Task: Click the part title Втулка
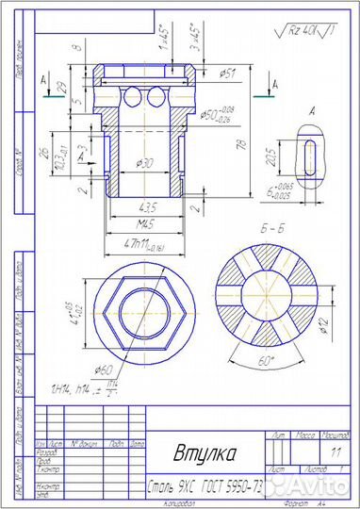point(205,453)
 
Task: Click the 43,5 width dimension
point(146,206)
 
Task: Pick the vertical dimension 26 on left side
point(45,155)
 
